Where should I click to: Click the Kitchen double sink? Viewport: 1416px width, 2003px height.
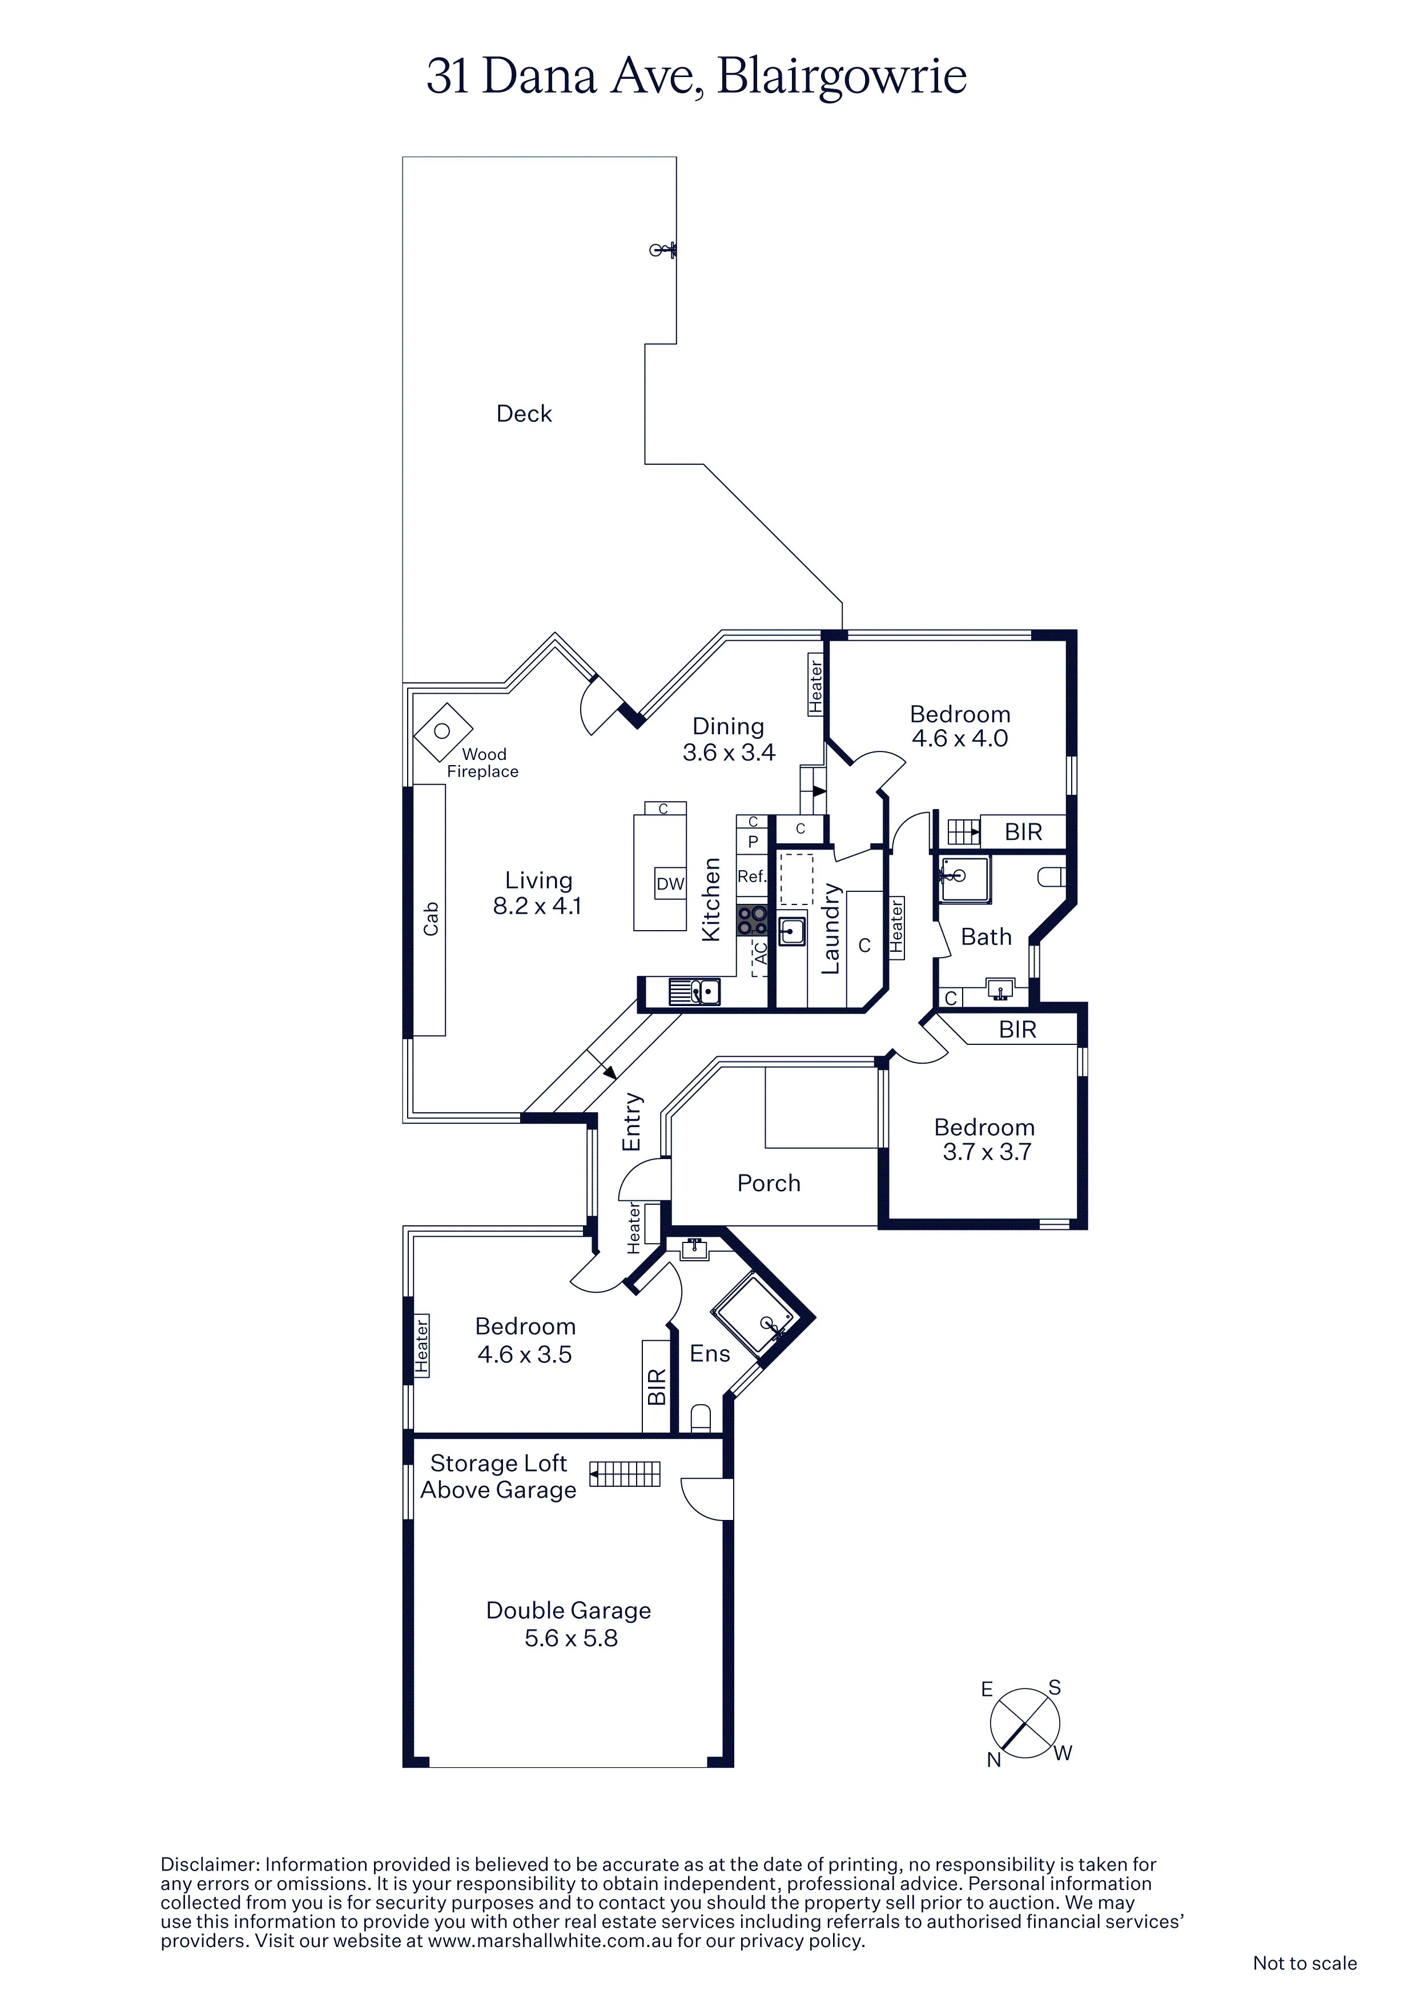point(694,992)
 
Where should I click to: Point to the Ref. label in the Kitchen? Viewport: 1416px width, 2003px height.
point(752,876)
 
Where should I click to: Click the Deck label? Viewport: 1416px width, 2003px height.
point(524,413)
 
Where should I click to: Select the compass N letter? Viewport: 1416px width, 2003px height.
point(993,1760)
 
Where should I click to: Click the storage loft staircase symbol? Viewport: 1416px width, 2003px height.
point(625,1474)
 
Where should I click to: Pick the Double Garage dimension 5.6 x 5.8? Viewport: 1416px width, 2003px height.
point(570,1638)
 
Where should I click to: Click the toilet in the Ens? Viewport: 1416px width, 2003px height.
point(701,1418)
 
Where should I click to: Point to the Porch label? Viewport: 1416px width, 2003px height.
point(769,1183)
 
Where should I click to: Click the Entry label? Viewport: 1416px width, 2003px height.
point(631,1122)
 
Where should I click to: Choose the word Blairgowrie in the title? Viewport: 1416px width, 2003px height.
point(842,77)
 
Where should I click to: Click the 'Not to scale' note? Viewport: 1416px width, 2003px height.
point(1304,1963)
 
